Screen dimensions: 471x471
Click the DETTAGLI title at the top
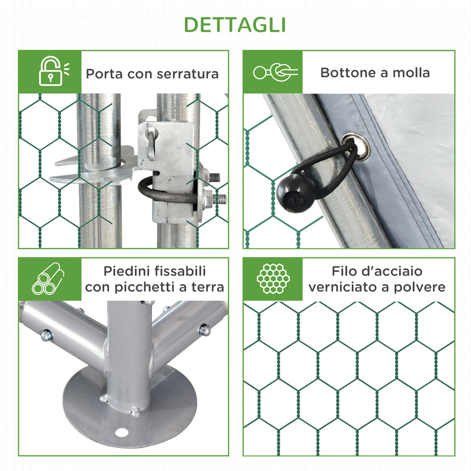(x=235, y=25)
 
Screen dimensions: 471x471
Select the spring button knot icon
(x=275, y=72)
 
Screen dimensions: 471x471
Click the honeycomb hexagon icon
(x=273, y=279)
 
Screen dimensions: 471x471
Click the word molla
(x=411, y=73)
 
